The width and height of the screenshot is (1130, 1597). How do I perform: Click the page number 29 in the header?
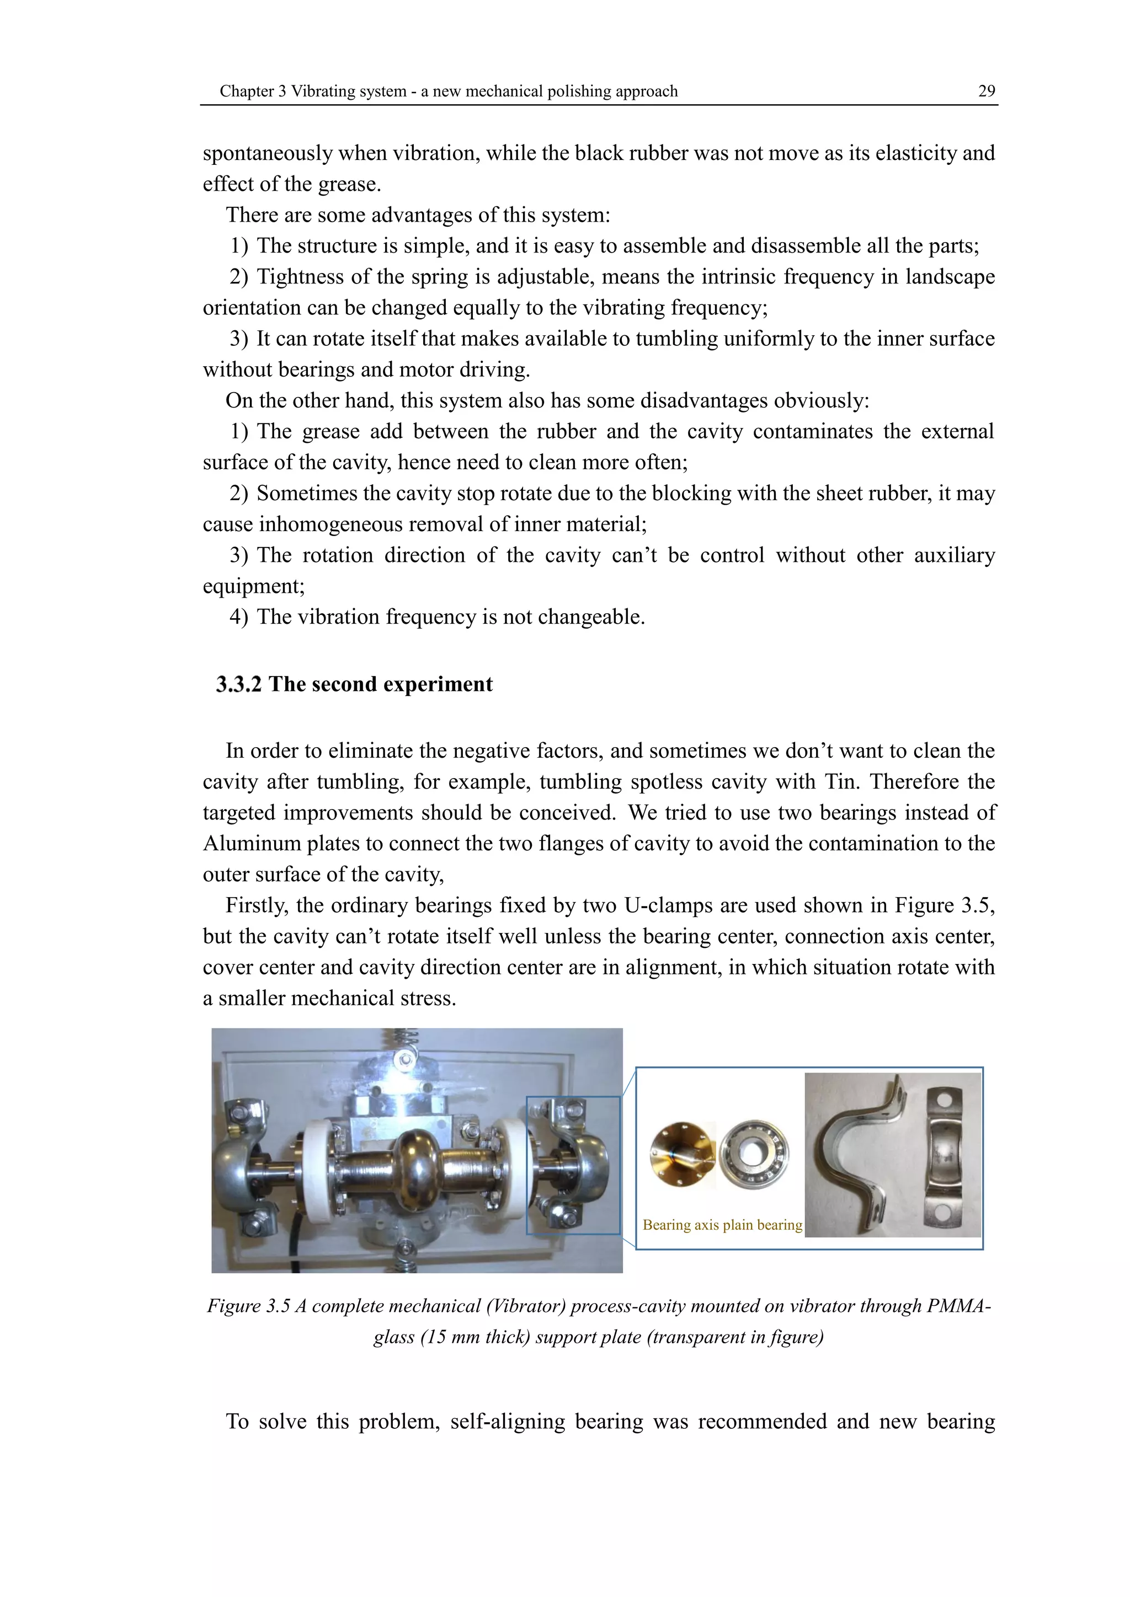coord(986,91)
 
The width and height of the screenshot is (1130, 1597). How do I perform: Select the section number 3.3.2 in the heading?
coord(239,684)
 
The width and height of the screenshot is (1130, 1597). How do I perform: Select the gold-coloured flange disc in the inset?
coord(681,1154)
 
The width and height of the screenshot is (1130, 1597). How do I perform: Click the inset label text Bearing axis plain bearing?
coord(722,1225)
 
